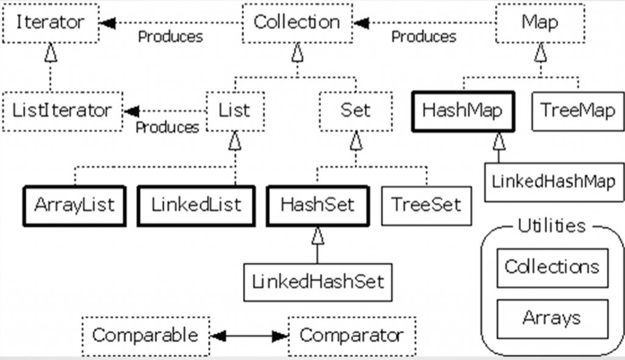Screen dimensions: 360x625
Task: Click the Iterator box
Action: click(x=50, y=23)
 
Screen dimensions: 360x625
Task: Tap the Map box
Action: click(x=540, y=23)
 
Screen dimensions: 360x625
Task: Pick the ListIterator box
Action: click(x=62, y=111)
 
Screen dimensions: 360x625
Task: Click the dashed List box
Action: click(x=234, y=111)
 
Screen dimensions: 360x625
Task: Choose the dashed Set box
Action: click(x=355, y=111)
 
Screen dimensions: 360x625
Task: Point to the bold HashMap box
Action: click(x=462, y=111)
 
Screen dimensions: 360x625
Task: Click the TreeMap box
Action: click(x=577, y=111)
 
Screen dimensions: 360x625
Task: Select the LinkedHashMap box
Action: click(x=553, y=182)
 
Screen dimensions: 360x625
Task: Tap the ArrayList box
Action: click(x=74, y=205)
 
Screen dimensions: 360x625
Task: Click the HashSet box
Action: click(x=317, y=205)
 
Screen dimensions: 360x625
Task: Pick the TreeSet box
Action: click(x=426, y=205)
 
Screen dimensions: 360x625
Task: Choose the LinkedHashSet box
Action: click(x=318, y=281)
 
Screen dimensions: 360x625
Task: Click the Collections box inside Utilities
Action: click(x=552, y=267)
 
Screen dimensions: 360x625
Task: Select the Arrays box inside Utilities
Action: click(x=552, y=319)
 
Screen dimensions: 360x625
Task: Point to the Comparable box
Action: click(x=145, y=336)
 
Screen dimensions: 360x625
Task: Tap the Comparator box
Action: click(x=352, y=336)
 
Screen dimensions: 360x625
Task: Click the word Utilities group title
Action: click(x=551, y=226)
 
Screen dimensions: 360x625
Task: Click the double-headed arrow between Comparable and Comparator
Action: click(x=248, y=336)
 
